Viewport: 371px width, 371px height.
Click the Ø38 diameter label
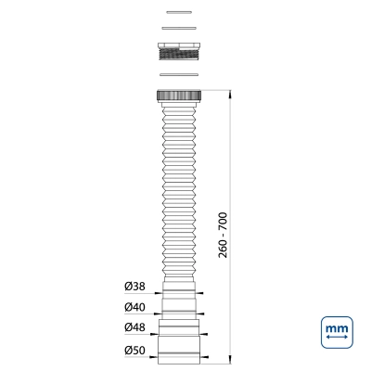click(134, 287)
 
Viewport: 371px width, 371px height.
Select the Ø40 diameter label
click(134, 307)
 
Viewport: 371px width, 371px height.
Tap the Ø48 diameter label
click(134, 327)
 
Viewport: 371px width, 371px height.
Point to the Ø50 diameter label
click(134, 351)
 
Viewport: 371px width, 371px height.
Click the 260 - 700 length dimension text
click(223, 235)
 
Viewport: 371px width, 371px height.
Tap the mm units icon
click(337, 332)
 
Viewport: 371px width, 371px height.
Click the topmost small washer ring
click(179, 12)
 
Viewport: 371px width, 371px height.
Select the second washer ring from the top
click(179, 29)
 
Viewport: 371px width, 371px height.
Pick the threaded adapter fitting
click(179, 51)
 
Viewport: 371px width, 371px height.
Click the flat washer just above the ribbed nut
click(179, 74)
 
